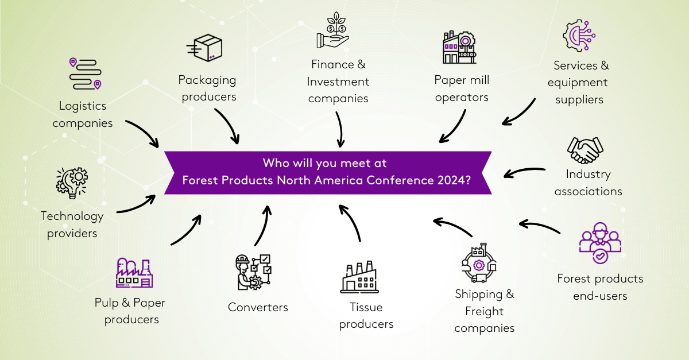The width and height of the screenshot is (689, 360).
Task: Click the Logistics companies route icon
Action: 85,73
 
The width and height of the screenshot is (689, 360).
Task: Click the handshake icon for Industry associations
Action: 585,150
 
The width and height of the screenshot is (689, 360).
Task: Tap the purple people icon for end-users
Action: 600,244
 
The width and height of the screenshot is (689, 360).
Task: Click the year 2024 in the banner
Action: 454,180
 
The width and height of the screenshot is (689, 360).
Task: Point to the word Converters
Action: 258,307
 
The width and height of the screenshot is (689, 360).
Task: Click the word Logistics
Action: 83,106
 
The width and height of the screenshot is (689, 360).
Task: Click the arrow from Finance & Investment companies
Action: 340,130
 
